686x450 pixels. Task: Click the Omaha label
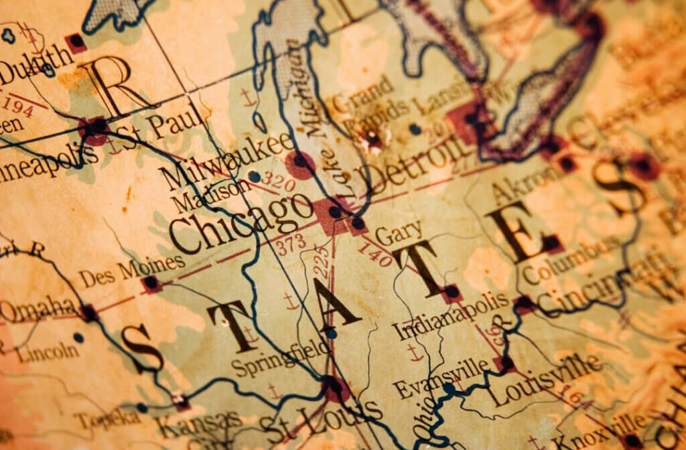tap(38, 309)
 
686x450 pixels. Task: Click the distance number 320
tap(277, 179)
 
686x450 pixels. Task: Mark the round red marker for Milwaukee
tap(299, 163)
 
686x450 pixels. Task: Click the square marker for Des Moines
tap(151, 283)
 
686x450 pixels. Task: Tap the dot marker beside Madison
tap(254, 177)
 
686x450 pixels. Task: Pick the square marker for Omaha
tap(88, 312)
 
